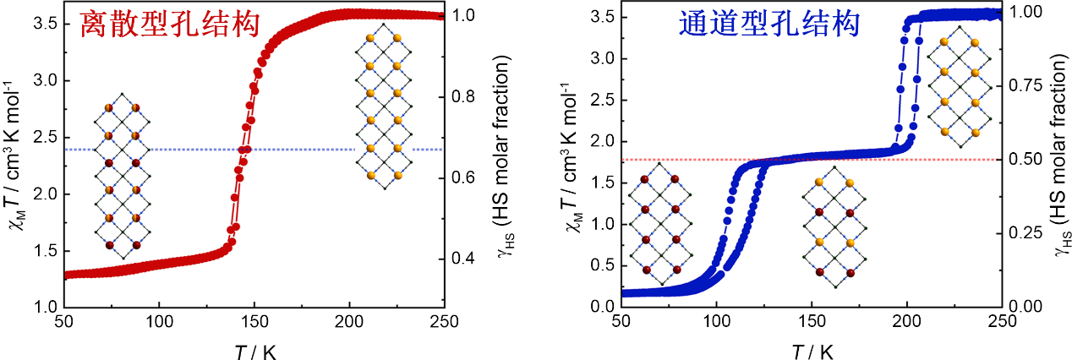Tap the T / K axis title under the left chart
point(252,347)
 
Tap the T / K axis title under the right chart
point(810,347)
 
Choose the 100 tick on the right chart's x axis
point(716,322)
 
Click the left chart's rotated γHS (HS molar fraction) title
point(506,161)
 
